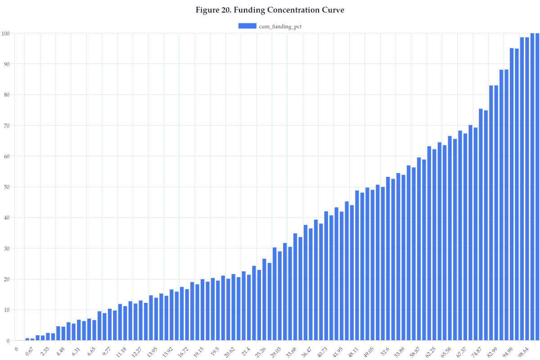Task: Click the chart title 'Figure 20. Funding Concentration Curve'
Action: pyautogui.click(x=270, y=10)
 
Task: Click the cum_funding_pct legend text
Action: pyautogui.click(x=280, y=27)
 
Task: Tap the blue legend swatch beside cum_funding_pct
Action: pyautogui.click(x=247, y=26)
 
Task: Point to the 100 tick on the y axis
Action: pyautogui.click(x=6, y=33)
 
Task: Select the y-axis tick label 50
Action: pyautogui.click(x=7, y=187)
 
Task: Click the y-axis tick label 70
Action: pyautogui.click(x=7, y=126)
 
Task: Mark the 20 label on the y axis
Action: pyautogui.click(x=7, y=279)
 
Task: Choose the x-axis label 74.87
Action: pyautogui.click(x=477, y=351)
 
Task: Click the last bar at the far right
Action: pyautogui.click(x=537, y=187)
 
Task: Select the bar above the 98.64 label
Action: pyautogui.click(x=527, y=189)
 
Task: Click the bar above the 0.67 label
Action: pyautogui.click(x=32, y=339)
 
